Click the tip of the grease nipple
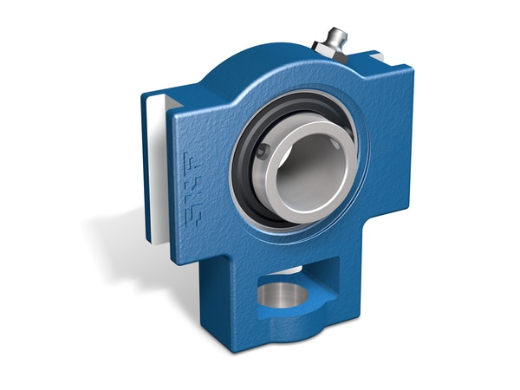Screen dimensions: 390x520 [334, 33]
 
